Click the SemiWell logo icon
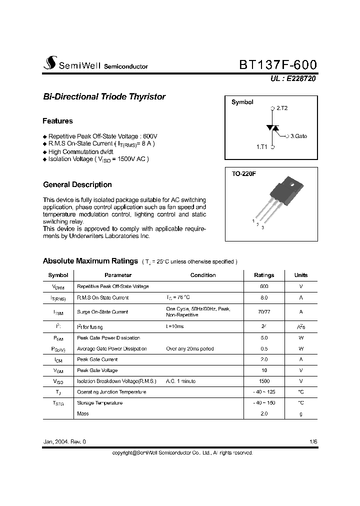tap(49, 63)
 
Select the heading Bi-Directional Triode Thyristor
tap(104, 97)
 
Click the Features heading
tap(57, 121)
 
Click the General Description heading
tap(77, 184)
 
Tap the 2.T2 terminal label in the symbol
tap(282, 108)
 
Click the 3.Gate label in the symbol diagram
tap(298, 135)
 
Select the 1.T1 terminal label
tap(262, 147)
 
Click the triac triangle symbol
tap(272, 128)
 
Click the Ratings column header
tap(264, 275)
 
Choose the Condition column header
tap(203, 275)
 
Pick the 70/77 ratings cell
tap(264, 312)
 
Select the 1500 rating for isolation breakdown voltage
tap(264, 381)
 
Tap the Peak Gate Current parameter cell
tap(97, 359)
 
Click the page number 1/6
tap(313, 442)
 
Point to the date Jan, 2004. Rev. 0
tap(64, 442)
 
